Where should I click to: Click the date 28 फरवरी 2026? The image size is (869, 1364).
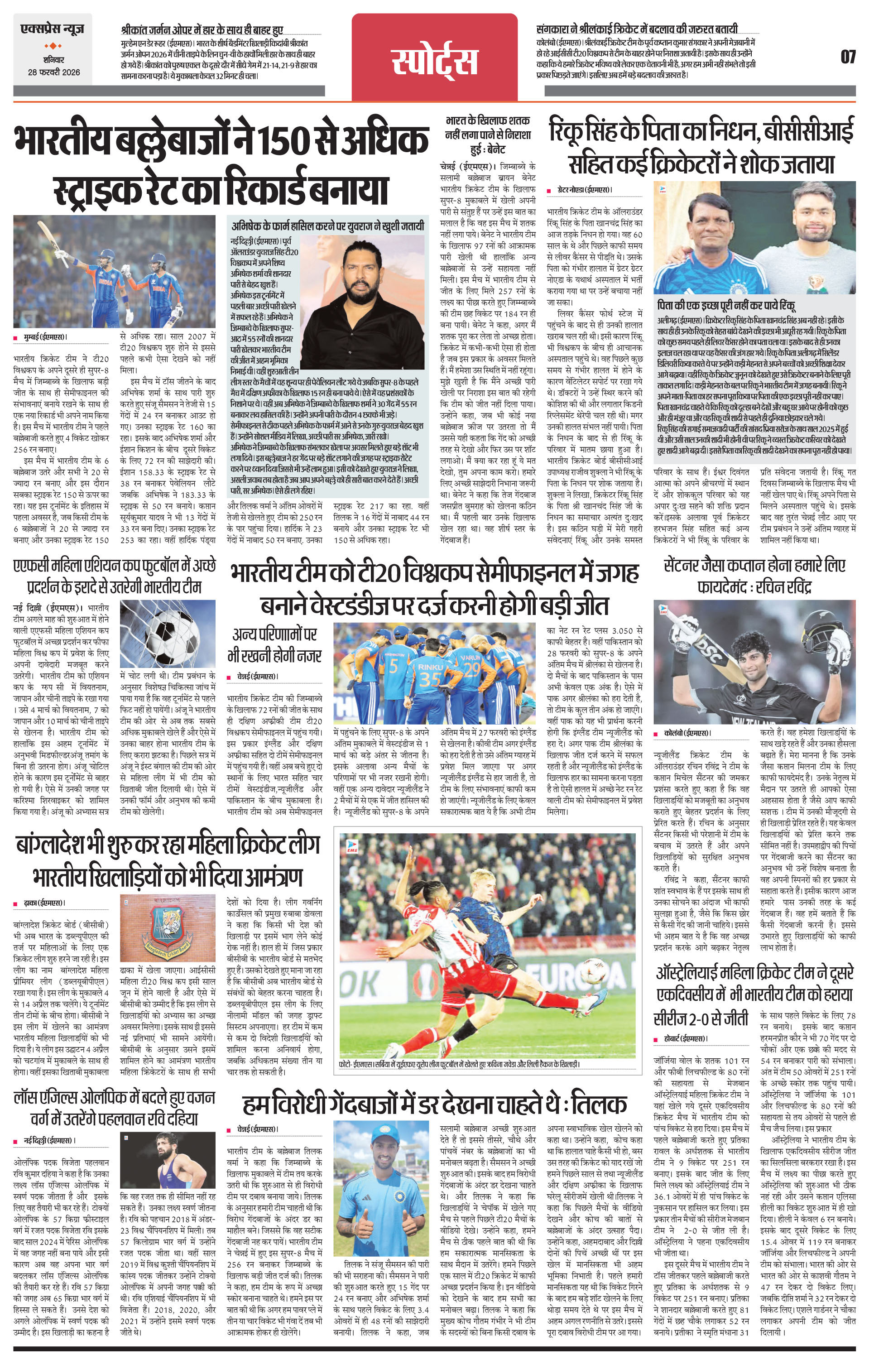pyautogui.click(x=55, y=72)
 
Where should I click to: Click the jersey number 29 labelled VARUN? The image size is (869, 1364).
pyautogui.click(x=470, y=668)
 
